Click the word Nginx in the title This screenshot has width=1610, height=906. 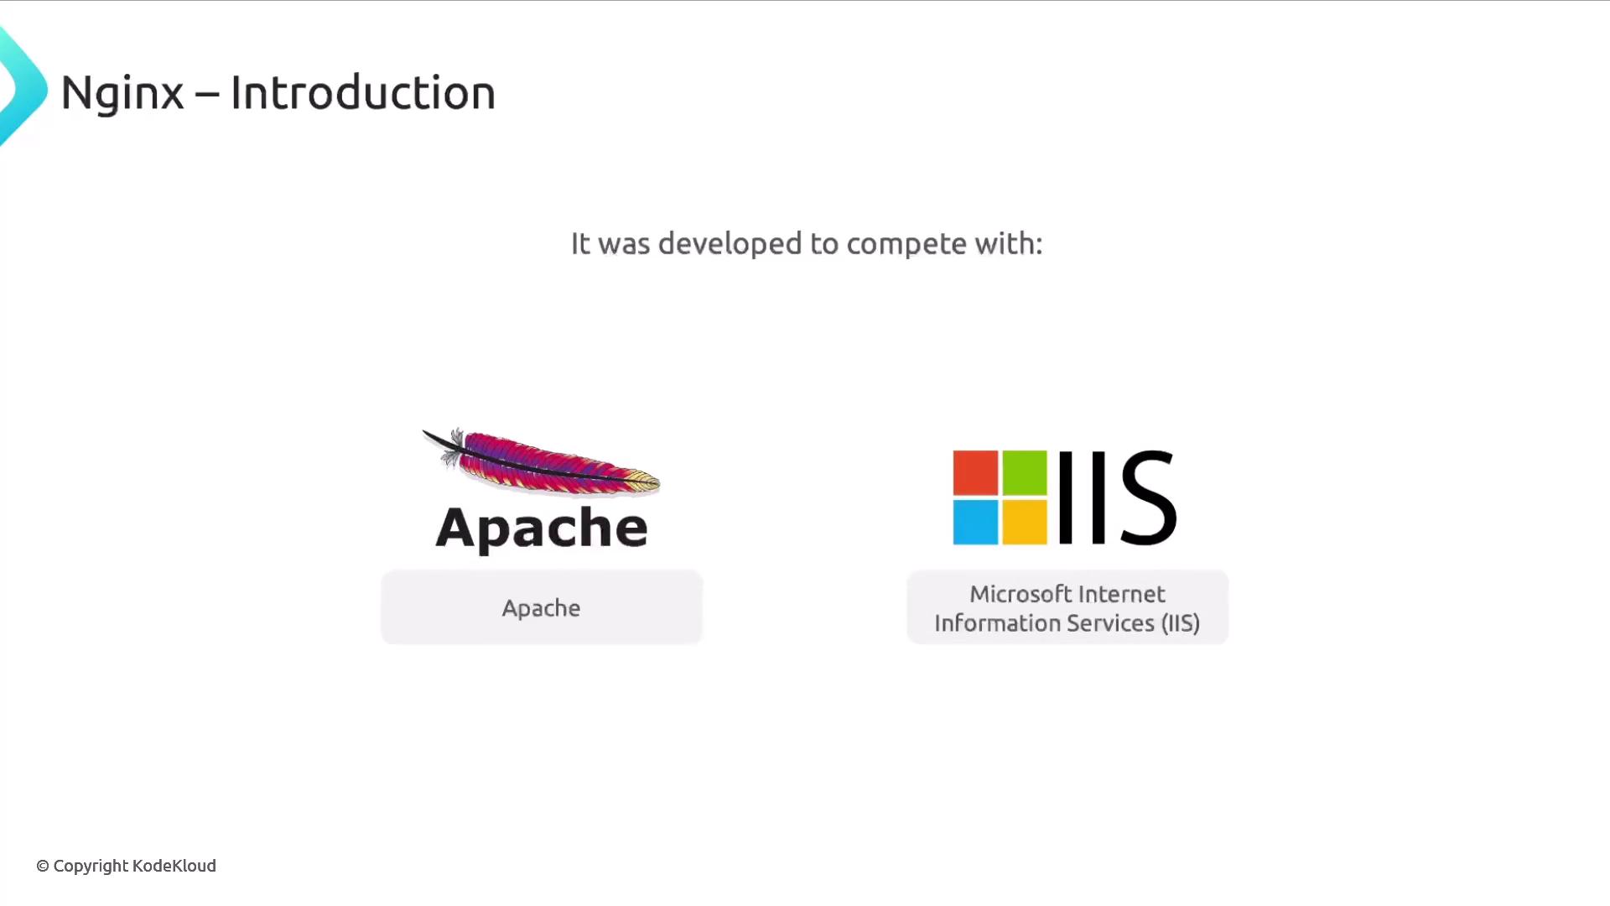122,93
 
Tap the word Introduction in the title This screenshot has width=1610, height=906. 363,92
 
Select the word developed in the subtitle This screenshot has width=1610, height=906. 730,244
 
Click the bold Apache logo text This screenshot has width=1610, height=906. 542,528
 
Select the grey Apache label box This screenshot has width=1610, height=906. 542,607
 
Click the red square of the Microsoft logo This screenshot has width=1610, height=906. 975,472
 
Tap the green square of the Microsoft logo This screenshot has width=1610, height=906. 1025,472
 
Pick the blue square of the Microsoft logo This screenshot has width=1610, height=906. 975,523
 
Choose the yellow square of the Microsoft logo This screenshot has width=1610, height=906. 1025,523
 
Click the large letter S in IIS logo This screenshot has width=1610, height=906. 1148,497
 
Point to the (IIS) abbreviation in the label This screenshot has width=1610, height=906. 1181,623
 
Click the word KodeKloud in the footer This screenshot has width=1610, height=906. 174,866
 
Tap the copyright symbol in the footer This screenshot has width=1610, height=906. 43,866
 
